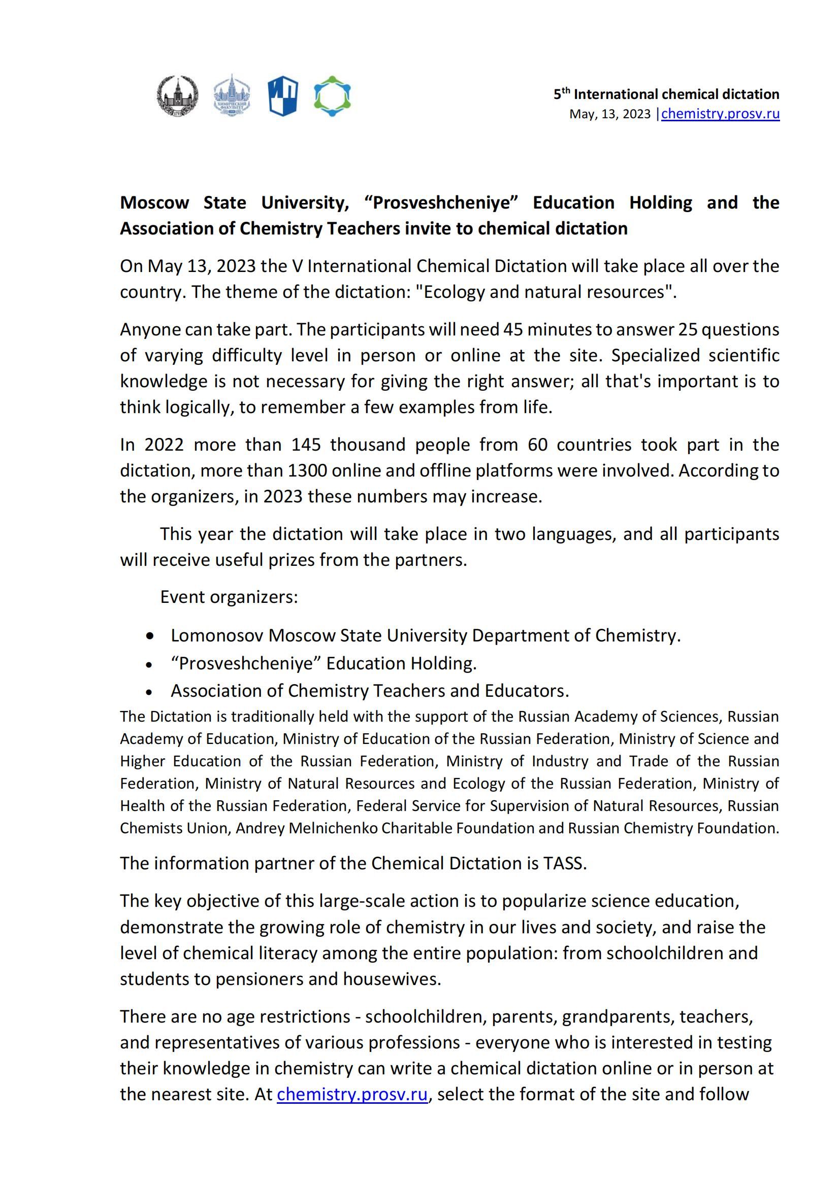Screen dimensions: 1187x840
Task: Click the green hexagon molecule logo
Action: pos(332,96)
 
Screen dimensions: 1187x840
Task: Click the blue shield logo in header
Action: pos(282,96)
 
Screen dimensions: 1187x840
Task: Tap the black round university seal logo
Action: pos(177,96)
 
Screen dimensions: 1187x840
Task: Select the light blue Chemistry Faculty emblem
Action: pos(232,95)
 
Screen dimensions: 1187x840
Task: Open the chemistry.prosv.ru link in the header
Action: pos(720,114)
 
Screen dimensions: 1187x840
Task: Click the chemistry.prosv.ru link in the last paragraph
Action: pos(352,1095)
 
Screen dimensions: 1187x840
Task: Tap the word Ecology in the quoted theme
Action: pos(454,292)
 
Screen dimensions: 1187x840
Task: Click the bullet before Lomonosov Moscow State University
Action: pos(150,636)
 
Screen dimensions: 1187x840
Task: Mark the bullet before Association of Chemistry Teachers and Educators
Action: pos(149,692)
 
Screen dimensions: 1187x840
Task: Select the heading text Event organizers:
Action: pos(229,597)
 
